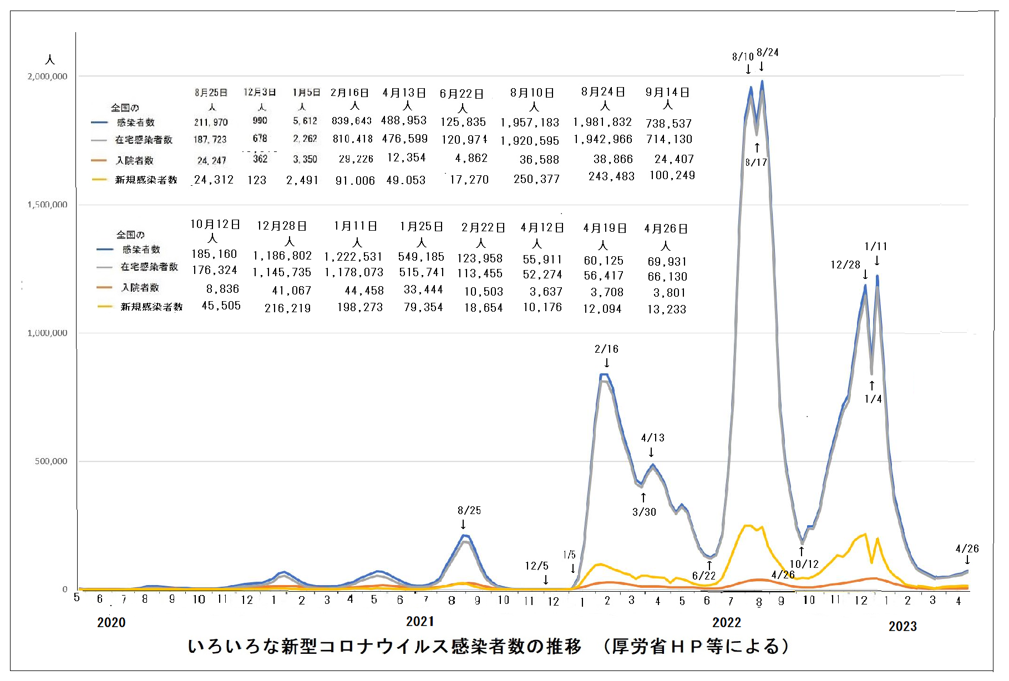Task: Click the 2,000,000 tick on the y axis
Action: (x=48, y=76)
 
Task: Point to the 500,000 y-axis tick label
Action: (x=51, y=461)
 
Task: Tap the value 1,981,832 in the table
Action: (x=602, y=122)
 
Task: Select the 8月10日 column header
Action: (x=532, y=93)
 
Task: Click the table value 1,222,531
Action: (x=353, y=256)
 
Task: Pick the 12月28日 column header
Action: (x=282, y=226)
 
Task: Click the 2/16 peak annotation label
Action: (x=606, y=349)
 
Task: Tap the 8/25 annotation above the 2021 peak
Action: (x=469, y=510)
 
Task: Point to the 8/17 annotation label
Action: (x=756, y=162)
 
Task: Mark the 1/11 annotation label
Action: (x=876, y=246)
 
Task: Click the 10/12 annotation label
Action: (x=804, y=564)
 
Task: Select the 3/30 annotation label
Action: (x=644, y=512)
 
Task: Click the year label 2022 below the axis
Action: (x=727, y=622)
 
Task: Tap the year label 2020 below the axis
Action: (x=111, y=622)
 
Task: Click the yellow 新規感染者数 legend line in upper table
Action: (x=99, y=179)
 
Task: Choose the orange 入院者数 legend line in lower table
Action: (x=104, y=287)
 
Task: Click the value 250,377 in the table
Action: (x=536, y=179)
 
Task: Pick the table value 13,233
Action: (x=667, y=309)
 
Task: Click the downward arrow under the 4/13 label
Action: (x=651, y=452)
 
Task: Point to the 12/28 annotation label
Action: (x=845, y=265)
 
